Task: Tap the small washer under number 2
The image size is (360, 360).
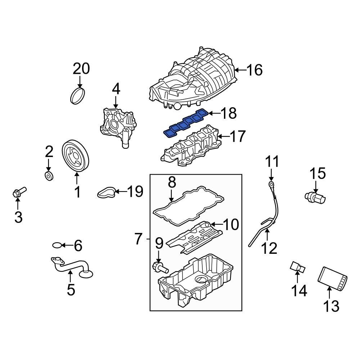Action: (49, 176)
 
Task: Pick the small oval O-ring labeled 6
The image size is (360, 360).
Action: (57, 246)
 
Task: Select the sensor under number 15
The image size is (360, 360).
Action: (316, 196)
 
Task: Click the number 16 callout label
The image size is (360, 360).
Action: (255, 70)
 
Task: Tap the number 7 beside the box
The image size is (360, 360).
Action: (139, 239)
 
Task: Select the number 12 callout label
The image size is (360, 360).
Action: (269, 248)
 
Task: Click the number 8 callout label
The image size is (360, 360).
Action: (172, 183)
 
